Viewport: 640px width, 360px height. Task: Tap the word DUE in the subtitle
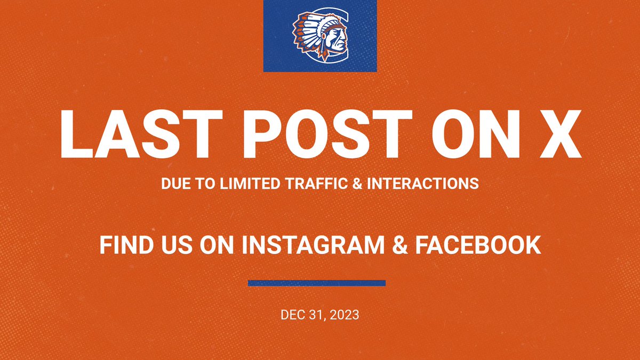click(x=174, y=184)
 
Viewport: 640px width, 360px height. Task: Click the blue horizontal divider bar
click(x=317, y=283)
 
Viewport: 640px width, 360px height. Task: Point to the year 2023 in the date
click(x=345, y=315)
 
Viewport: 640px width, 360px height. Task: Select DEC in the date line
click(x=292, y=315)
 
